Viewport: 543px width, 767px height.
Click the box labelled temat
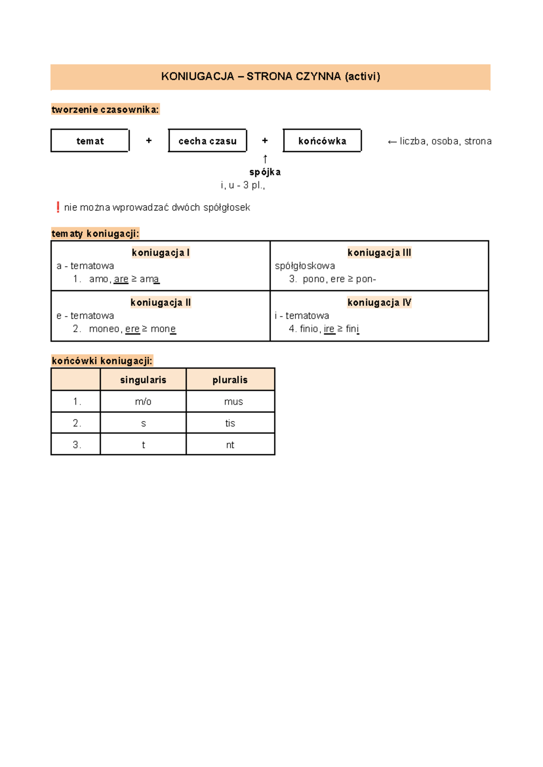(90, 141)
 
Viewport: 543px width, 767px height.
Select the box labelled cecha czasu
(207, 141)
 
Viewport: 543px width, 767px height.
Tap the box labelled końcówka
(322, 141)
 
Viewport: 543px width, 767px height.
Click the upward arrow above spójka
(265, 159)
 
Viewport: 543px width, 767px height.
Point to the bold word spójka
(265, 172)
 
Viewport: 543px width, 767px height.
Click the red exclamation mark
(58, 207)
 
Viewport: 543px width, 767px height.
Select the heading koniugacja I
(161, 253)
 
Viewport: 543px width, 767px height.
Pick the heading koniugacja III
(379, 253)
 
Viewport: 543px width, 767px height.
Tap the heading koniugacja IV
(379, 302)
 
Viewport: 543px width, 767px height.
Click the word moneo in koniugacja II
(104, 329)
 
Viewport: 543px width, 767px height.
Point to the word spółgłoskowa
(305, 266)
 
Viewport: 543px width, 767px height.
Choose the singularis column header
(143, 380)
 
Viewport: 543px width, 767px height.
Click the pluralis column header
(230, 380)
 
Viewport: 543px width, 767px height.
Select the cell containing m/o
(143, 402)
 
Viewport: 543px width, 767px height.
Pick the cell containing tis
(230, 423)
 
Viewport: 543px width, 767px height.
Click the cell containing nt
(230, 445)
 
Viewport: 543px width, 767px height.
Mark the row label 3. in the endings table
(76, 445)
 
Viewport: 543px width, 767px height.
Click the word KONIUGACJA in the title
(198, 77)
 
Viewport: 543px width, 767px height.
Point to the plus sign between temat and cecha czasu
(149, 141)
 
